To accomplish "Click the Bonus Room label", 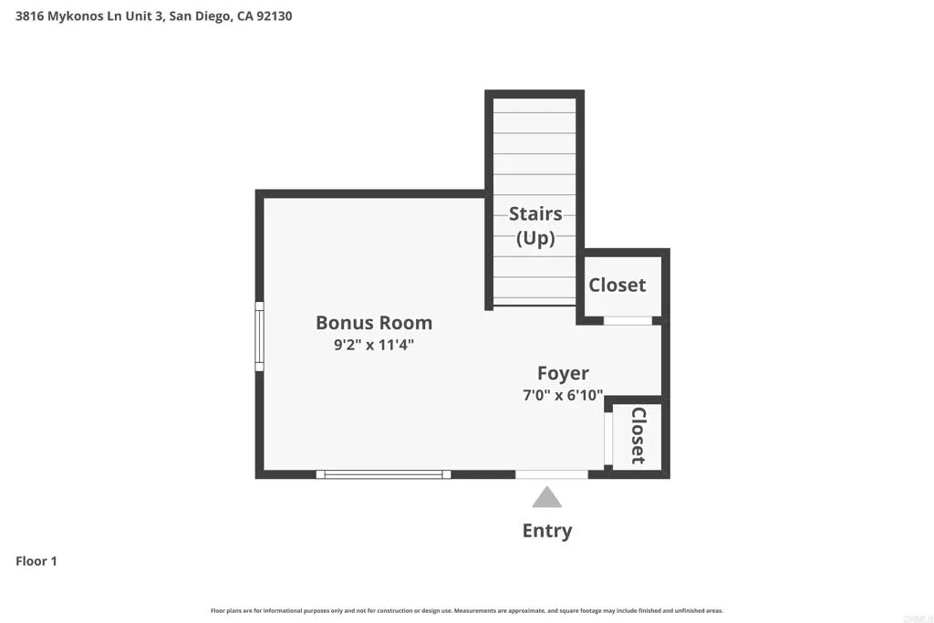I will tap(374, 322).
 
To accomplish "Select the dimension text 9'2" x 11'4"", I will tap(374, 346).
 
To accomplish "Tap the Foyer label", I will tap(563, 373).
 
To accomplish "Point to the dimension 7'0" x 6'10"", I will tap(563, 395).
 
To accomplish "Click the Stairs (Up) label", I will tap(535, 225).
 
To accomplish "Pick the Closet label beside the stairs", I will tap(617, 285).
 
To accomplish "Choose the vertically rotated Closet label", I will tap(638, 435).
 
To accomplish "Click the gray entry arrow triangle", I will tap(546, 497).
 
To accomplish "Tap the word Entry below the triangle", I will tap(547, 531).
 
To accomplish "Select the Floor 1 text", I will tap(36, 561).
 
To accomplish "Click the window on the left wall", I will tap(259, 337).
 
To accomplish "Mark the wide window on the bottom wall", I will tap(383, 474).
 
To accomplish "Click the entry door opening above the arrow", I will tap(552, 474).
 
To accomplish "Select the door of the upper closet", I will tap(628, 320).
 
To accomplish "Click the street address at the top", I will tap(153, 16).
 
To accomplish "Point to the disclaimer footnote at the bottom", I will tap(466, 610).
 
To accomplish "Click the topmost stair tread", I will tap(534, 105).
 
